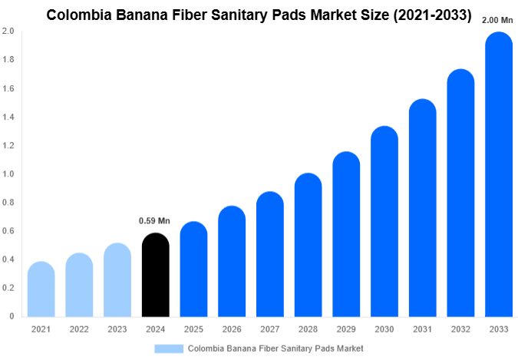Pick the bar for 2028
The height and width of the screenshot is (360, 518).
pos(308,245)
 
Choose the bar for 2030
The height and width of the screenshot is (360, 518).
pos(384,222)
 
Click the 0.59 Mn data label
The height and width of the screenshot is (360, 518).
pos(154,221)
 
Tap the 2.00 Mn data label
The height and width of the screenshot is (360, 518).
pos(498,21)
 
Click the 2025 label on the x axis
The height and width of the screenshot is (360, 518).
pos(193,329)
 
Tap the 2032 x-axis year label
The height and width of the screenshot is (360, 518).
pos(460,329)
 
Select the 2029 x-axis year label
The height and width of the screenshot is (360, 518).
pos(346,329)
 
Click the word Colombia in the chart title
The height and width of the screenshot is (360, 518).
pos(79,14)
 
